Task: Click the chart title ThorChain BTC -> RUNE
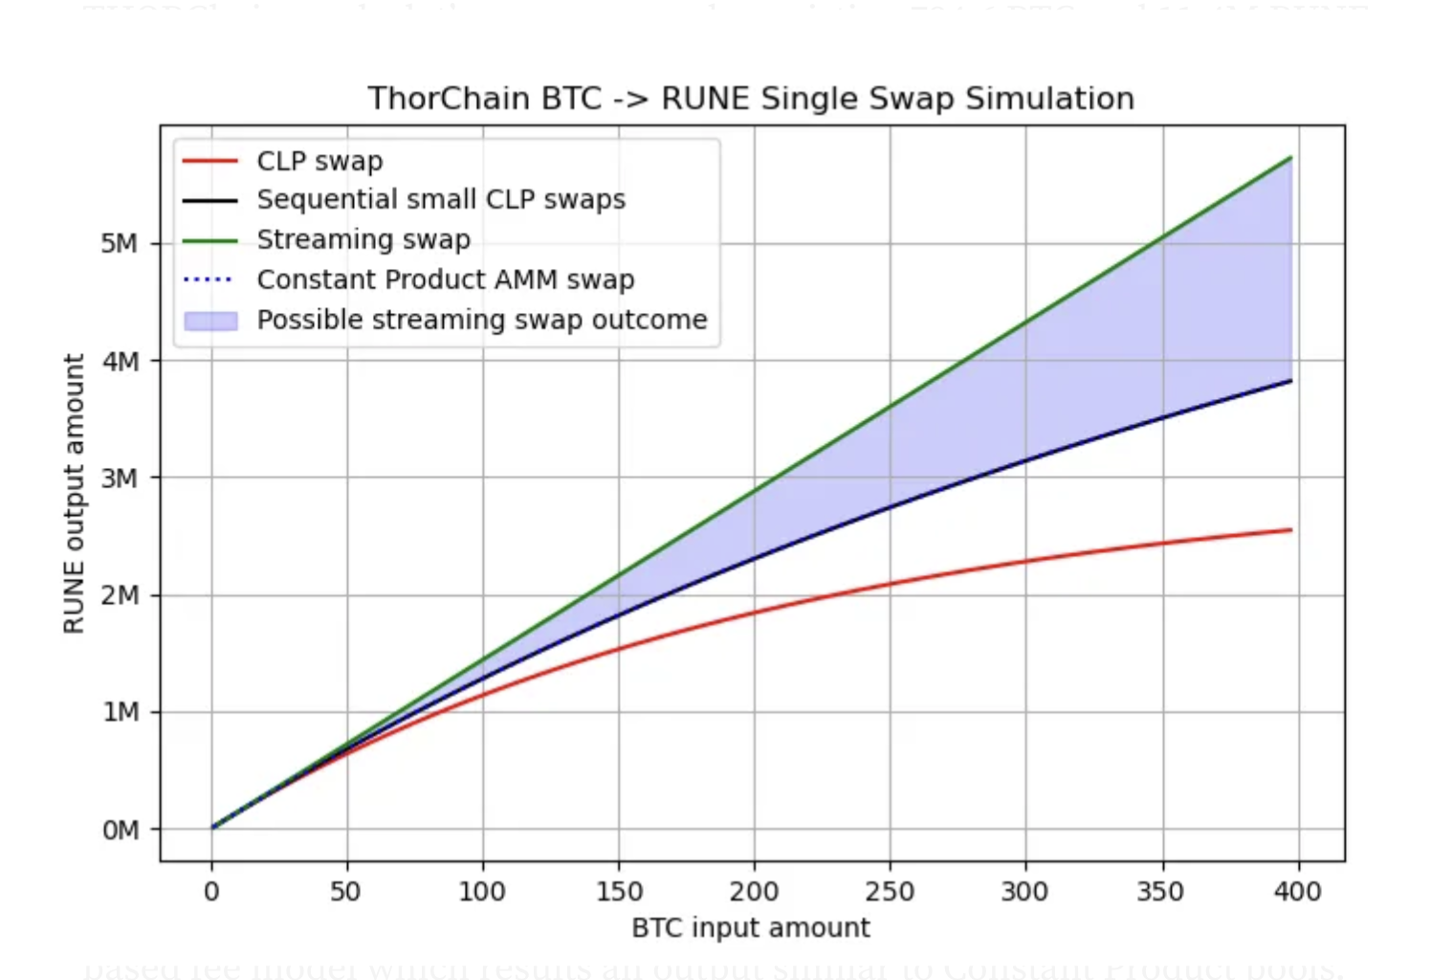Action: [x=751, y=99]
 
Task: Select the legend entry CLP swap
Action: [x=319, y=161]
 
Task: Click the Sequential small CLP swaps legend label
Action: [x=440, y=199]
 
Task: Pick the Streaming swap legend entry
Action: [x=363, y=239]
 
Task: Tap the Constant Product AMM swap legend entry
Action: [x=445, y=279]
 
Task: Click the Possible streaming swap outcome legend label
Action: [x=481, y=320]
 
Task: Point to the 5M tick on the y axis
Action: [x=120, y=244]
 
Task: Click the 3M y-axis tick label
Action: [x=120, y=478]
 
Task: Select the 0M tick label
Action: [x=120, y=830]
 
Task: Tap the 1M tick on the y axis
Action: [x=120, y=712]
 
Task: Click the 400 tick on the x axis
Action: [x=1297, y=892]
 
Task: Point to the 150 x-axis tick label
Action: [x=619, y=892]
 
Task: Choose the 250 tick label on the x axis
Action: [x=890, y=892]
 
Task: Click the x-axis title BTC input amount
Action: [x=751, y=928]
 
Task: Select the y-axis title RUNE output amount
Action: [x=74, y=493]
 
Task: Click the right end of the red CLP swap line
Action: [x=1290, y=530]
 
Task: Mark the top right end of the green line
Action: [x=1290, y=158]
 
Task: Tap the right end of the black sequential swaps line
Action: [x=1290, y=381]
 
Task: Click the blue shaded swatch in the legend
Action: [x=210, y=321]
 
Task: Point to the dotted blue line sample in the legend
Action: [x=209, y=279]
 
